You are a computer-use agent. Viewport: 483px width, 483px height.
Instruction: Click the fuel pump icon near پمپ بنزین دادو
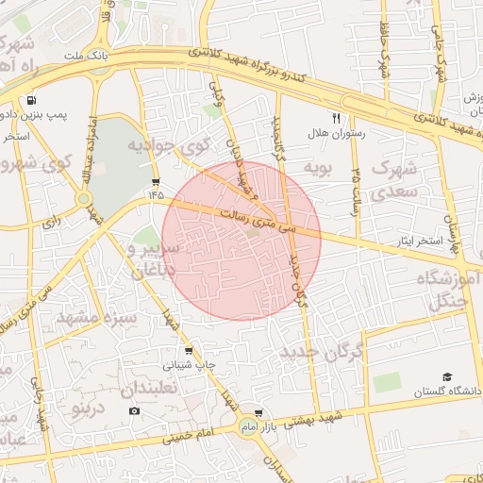click(33, 100)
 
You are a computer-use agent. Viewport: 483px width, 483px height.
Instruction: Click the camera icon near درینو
click(134, 410)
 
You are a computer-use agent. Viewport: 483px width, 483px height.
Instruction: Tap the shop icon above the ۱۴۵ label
click(155, 182)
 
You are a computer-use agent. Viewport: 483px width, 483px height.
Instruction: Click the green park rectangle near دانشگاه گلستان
click(386, 382)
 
